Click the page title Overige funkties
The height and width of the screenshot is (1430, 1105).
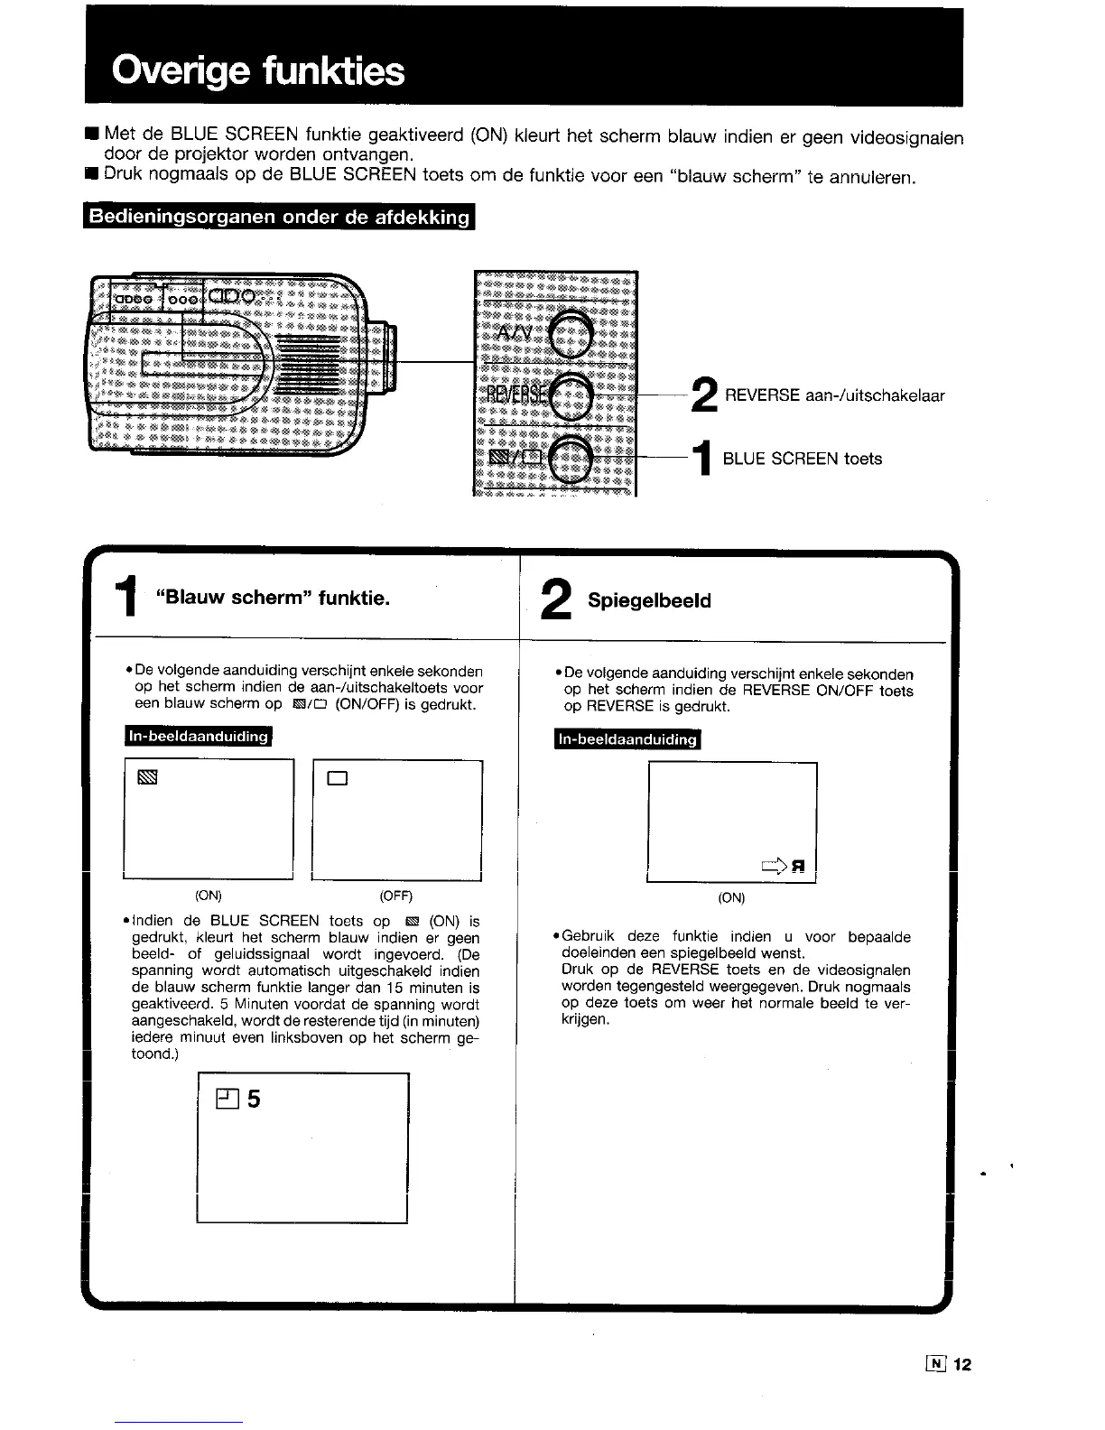coord(258,70)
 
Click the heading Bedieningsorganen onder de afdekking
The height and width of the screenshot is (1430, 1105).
coord(279,218)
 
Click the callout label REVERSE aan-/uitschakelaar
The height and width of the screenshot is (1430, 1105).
coord(835,395)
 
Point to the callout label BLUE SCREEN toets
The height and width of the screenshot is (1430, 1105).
coord(803,459)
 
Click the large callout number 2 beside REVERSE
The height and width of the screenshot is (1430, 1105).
coord(704,395)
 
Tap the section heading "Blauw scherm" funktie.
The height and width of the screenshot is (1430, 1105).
coord(273,598)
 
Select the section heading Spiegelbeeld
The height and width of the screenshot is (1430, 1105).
coord(649,600)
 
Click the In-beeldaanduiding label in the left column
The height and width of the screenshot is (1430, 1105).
coord(199,737)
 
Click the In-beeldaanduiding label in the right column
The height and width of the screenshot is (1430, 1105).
coord(628,740)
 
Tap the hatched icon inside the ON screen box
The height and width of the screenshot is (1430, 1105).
coord(147,777)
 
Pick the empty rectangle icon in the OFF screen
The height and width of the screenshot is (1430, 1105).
coord(338,779)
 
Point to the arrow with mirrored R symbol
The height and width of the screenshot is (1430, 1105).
coord(784,867)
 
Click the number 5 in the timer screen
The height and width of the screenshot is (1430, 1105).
coord(254,1100)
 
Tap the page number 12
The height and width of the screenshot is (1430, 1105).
coord(961,1365)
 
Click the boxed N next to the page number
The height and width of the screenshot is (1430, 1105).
coord(935,1364)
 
